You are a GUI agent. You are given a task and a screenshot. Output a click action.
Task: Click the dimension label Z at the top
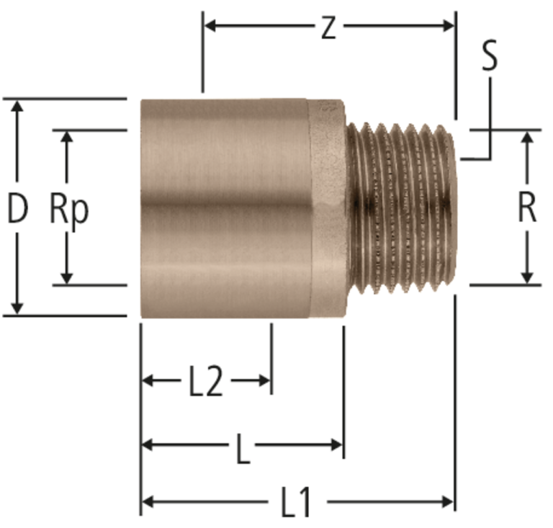point(328,28)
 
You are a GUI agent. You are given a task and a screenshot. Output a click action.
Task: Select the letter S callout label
point(489,55)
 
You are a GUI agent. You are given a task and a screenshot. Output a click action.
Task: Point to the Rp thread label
point(69,212)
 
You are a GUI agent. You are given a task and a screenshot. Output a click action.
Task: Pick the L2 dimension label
point(206,382)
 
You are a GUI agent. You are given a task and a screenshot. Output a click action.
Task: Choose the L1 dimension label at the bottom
point(296,502)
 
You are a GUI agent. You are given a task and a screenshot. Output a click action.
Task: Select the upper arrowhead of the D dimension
point(17,106)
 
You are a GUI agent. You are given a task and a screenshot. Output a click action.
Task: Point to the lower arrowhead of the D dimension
point(17,308)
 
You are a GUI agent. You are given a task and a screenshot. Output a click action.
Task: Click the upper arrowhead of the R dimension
point(527,138)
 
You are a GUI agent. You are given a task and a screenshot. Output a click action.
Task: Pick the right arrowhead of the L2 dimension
point(264,380)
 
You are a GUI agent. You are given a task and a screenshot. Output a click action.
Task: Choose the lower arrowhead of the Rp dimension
point(67,277)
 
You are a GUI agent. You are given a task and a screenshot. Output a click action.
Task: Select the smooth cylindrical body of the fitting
point(225,208)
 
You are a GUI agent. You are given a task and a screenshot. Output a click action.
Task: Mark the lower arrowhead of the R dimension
point(527,277)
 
